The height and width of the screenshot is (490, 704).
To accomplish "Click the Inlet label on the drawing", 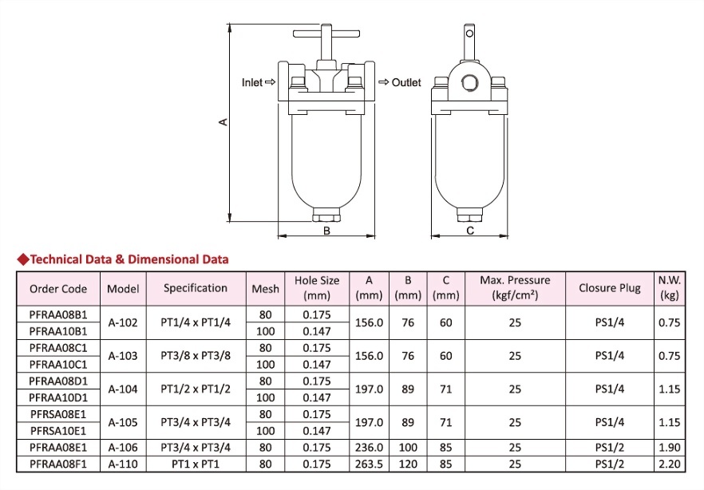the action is tap(252, 82).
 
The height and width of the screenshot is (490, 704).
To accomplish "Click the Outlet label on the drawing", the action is tap(406, 82).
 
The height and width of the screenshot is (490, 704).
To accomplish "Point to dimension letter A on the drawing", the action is tap(223, 121).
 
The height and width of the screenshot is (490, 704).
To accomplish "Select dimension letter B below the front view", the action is tap(327, 231).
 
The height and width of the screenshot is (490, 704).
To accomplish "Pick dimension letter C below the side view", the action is tap(470, 231).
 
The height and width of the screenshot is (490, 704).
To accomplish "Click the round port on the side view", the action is tap(469, 82).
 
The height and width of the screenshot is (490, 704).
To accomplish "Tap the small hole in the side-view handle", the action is tap(469, 34).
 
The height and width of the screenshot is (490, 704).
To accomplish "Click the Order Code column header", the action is tap(58, 289).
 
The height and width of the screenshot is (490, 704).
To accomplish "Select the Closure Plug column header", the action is tap(610, 288).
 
